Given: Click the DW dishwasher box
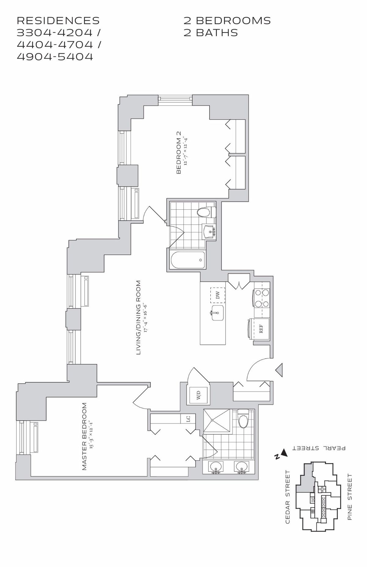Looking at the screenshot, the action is [x=217, y=295].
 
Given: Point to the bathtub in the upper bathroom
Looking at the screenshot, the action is [x=187, y=260].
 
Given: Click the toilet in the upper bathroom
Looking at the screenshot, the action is [x=206, y=212].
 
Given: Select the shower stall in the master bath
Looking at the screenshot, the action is [x=217, y=422].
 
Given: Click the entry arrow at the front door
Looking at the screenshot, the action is [x=279, y=370].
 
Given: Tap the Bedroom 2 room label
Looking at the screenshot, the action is [x=179, y=153].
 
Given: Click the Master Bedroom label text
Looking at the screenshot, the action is [x=85, y=436].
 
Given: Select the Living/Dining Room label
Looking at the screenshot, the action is [x=138, y=318].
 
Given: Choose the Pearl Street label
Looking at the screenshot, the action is [x=319, y=448].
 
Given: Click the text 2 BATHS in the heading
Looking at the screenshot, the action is [x=211, y=33].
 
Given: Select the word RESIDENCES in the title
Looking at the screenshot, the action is [x=58, y=20].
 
